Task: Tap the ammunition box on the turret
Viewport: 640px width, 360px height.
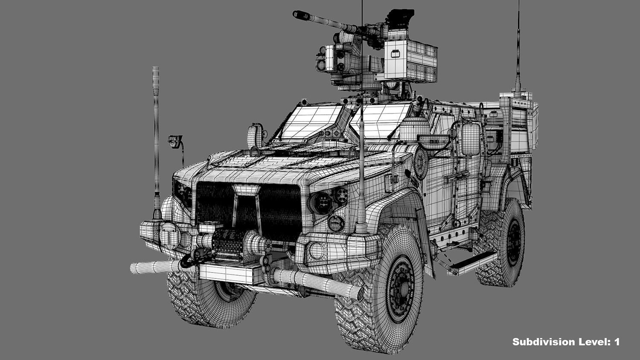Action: click(x=410, y=60)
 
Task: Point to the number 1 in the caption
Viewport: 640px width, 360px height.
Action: click(x=616, y=342)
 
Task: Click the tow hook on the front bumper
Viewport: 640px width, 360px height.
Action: click(x=186, y=261)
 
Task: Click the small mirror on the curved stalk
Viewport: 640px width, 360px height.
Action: click(x=175, y=141)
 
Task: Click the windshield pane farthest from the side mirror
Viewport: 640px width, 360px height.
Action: click(x=308, y=121)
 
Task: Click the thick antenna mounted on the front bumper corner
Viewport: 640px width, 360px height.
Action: click(x=156, y=141)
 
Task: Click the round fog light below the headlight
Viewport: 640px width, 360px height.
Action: click(x=336, y=223)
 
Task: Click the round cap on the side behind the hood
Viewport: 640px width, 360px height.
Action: click(x=420, y=163)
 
